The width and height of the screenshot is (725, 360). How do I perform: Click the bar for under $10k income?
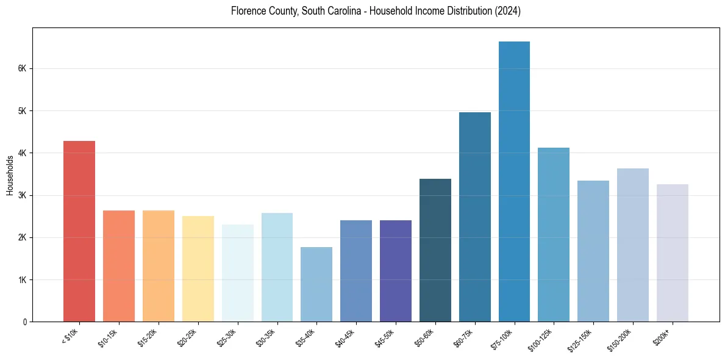pyautogui.click(x=79, y=231)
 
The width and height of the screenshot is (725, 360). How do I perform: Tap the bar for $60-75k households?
pyautogui.click(x=474, y=217)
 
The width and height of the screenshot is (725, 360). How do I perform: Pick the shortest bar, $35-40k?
pyautogui.click(x=316, y=284)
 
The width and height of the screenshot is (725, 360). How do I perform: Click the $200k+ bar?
pyautogui.click(x=672, y=253)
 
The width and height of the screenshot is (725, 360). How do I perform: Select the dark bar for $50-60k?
pyautogui.click(x=435, y=250)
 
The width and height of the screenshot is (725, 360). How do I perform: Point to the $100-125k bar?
pyautogui.click(x=554, y=234)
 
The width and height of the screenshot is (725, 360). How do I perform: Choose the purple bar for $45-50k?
pyautogui.click(x=396, y=271)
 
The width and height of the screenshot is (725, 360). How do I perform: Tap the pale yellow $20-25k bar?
pyautogui.click(x=198, y=268)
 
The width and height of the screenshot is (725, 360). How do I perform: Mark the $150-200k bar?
pyautogui.click(x=632, y=245)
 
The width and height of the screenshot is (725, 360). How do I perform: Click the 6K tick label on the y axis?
pyautogui.click(x=22, y=69)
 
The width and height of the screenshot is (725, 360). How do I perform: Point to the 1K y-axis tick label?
pyautogui.click(x=22, y=280)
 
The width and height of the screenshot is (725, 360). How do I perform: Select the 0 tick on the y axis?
pyautogui.click(x=24, y=322)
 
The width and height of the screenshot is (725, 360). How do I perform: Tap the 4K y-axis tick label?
pyautogui.click(x=22, y=153)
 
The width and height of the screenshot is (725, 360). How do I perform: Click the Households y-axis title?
pyautogui.click(x=10, y=175)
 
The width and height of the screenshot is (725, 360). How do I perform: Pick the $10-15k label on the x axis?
pyautogui.click(x=108, y=337)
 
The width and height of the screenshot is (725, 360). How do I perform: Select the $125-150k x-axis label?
pyautogui.click(x=580, y=339)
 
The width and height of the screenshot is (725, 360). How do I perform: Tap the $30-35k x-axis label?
pyautogui.click(x=266, y=337)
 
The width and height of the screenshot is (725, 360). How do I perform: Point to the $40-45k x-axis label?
pyautogui.click(x=345, y=337)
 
